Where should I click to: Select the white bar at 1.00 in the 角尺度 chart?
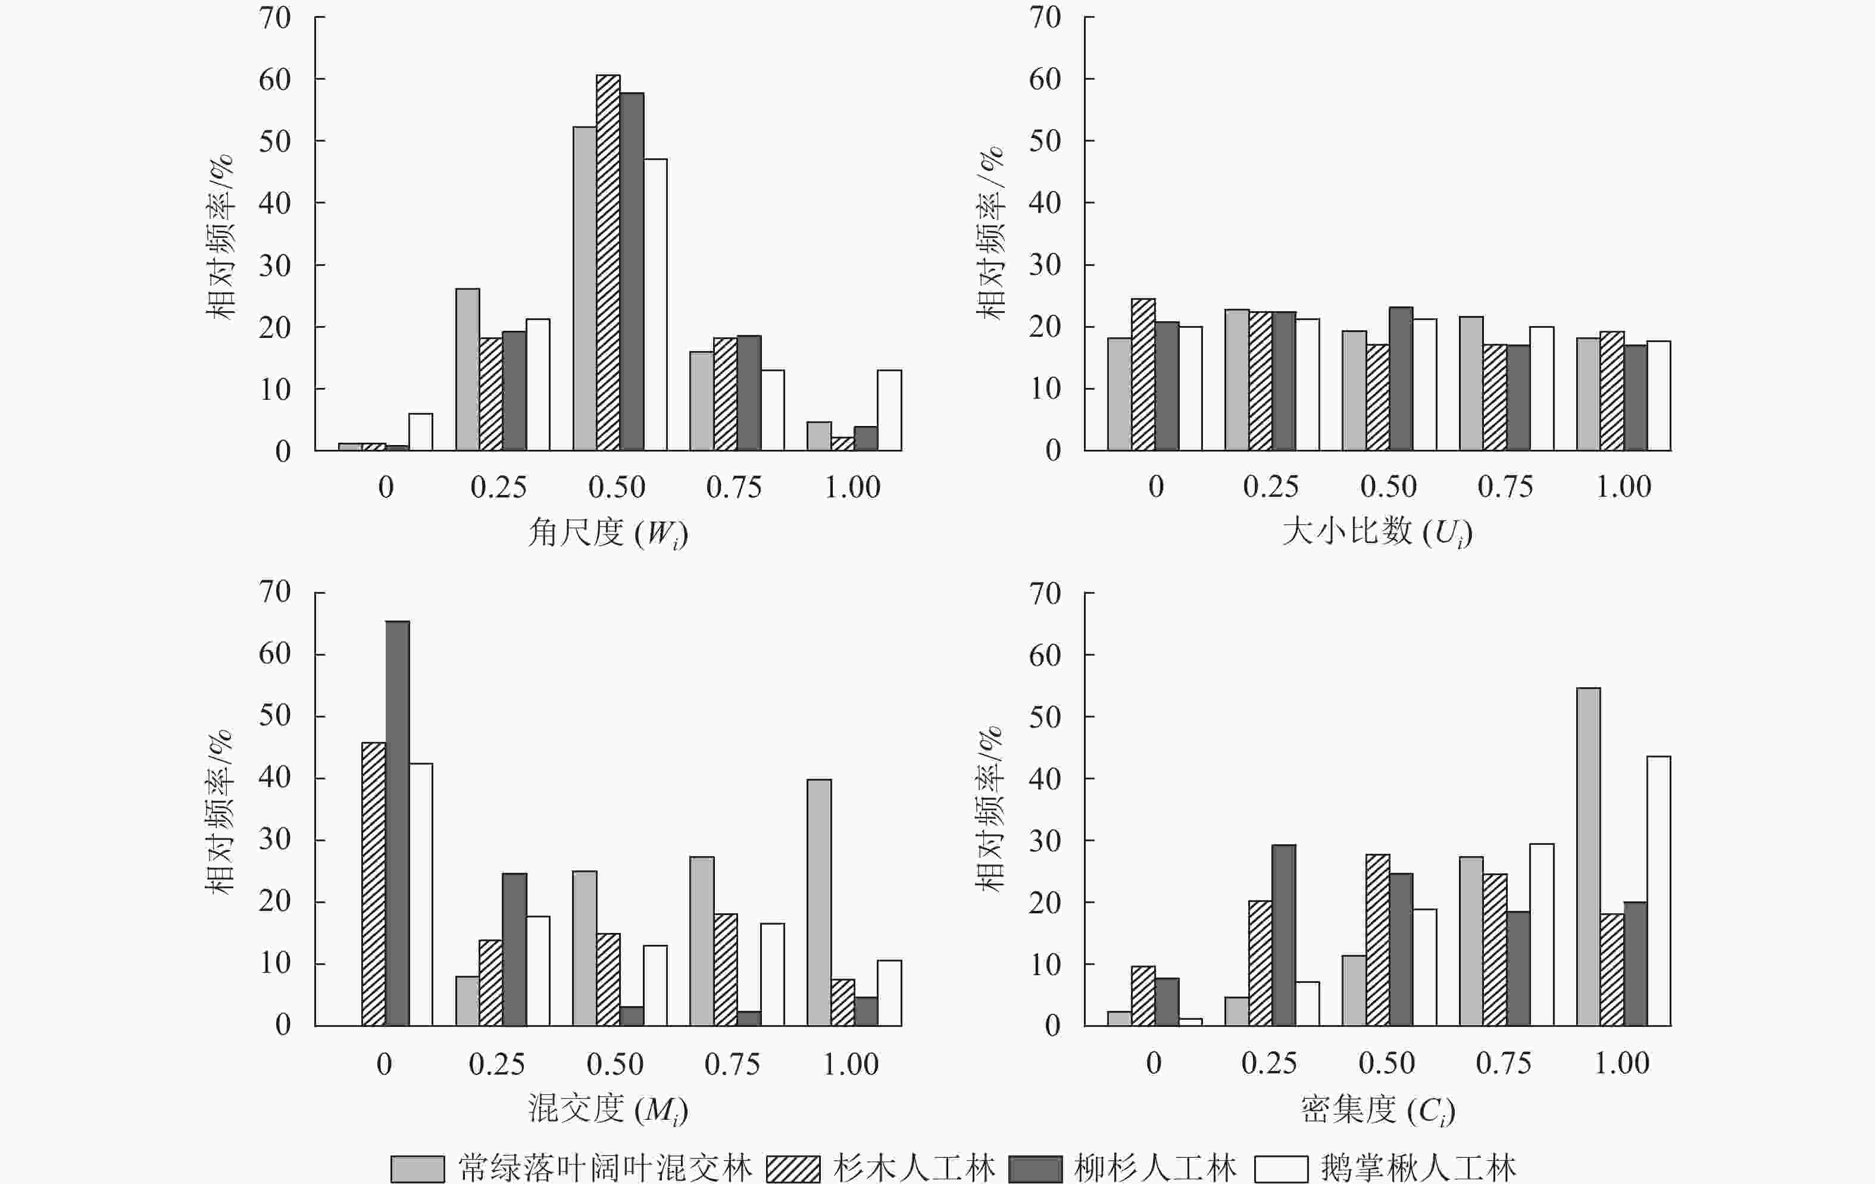pyautogui.click(x=889, y=411)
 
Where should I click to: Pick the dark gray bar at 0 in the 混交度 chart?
pyautogui.click(x=397, y=823)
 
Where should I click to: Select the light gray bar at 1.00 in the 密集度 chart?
pyautogui.click(x=1589, y=856)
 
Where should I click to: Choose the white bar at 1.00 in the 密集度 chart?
pyautogui.click(x=1658, y=891)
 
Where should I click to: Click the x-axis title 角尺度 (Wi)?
pyautogui.click(x=607, y=533)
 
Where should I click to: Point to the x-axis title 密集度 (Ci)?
pyautogui.click(x=1377, y=1109)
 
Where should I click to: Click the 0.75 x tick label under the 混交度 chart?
pyautogui.click(x=732, y=1064)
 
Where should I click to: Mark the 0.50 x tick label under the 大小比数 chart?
pyautogui.click(x=1388, y=487)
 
